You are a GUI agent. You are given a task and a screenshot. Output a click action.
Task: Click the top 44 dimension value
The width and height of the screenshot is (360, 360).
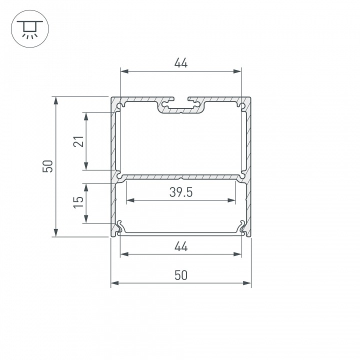pos(180,63)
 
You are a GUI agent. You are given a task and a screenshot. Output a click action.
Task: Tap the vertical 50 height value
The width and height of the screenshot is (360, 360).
pos(48,166)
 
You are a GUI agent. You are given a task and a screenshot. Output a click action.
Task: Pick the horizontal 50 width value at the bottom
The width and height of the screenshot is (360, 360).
pos(180,275)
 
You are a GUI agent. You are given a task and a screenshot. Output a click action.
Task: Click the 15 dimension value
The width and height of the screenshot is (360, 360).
pos(78,202)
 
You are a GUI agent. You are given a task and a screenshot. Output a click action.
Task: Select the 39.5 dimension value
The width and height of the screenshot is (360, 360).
pos(180,193)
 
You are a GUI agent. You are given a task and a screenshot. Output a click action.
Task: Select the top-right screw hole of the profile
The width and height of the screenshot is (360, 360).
pos(241,105)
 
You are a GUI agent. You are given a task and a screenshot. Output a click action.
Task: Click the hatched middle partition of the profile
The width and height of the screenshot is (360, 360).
pos(180,177)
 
